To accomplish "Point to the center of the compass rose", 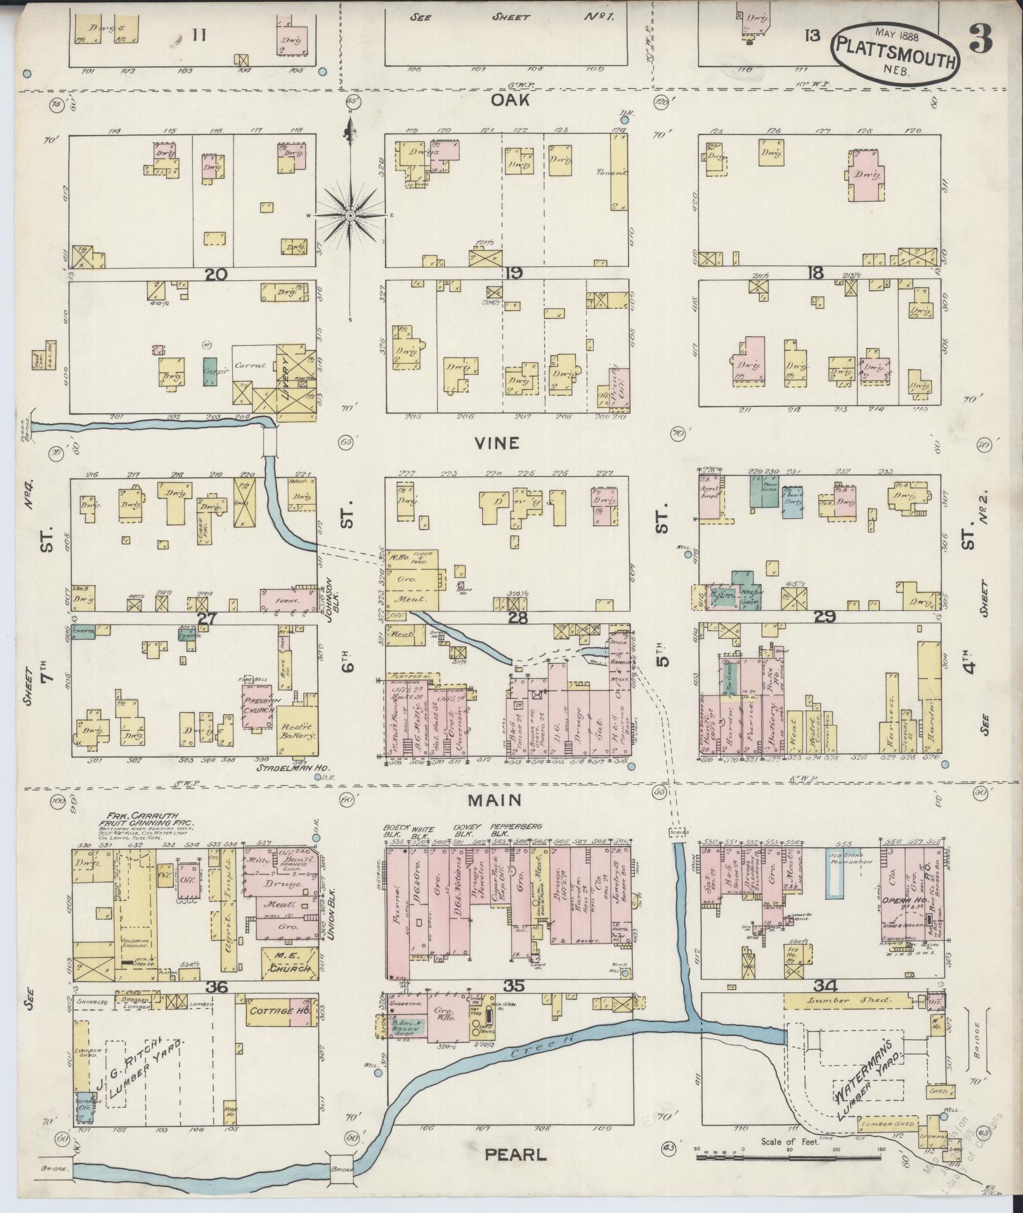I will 349,216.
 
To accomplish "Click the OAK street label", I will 509,100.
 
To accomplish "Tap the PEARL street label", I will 515,1155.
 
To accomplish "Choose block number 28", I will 518,617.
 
